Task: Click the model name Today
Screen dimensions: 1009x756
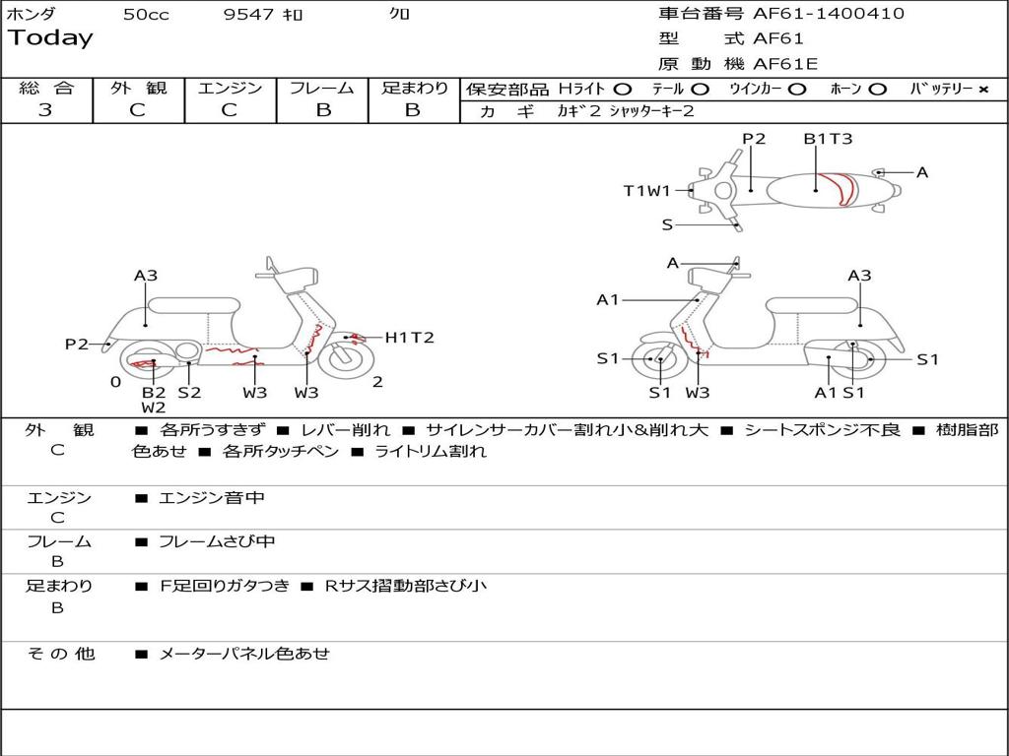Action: click(x=50, y=38)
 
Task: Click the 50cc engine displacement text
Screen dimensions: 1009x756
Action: click(x=146, y=15)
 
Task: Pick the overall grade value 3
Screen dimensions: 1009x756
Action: click(x=45, y=110)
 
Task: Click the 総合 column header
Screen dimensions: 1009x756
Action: click(x=45, y=88)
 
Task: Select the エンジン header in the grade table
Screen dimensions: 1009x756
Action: click(x=230, y=88)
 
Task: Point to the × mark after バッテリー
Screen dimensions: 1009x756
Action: click(x=982, y=89)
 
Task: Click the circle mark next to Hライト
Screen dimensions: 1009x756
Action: click(x=622, y=89)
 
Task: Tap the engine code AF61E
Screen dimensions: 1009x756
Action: click(x=785, y=64)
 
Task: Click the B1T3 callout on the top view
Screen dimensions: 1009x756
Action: click(x=828, y=139)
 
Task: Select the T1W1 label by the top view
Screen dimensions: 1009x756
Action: click(x=646, y=191)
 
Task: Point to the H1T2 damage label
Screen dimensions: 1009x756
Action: click(x=409, y=338)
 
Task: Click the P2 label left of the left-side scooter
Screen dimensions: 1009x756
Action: click(x=77, y=344)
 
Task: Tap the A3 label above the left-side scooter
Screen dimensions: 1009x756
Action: click(x=146, y=276)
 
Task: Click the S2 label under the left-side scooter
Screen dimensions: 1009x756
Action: click(x=189, y=392)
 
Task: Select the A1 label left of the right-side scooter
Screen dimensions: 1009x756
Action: click(x=608, y=299)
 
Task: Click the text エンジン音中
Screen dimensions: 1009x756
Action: click(x=212, y=498)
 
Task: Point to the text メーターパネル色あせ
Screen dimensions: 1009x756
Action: click(x=244, y=653)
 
